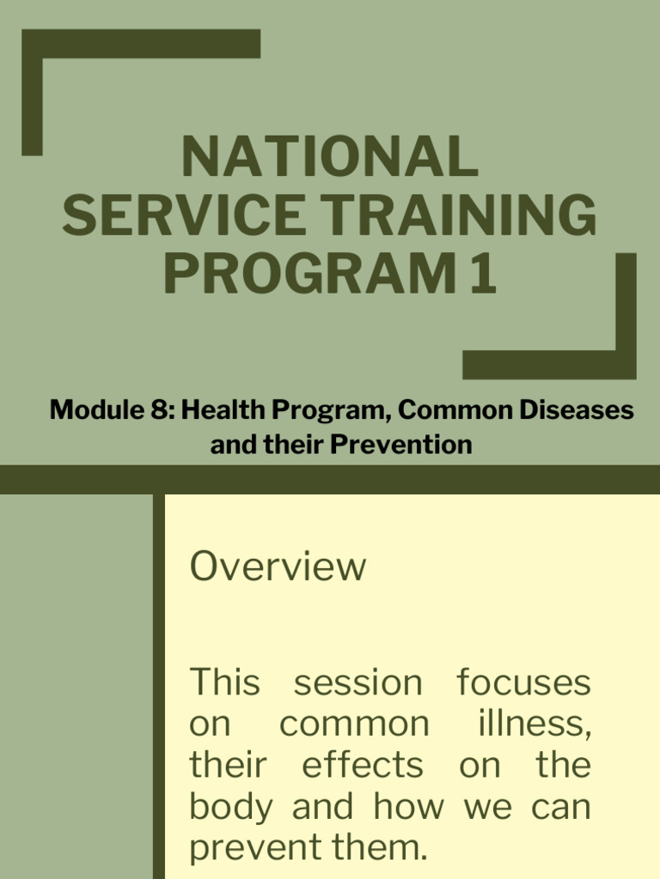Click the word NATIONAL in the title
[329, 157]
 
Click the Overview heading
[278, 567]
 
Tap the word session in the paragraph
[358, 683]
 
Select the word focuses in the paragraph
[523, 683]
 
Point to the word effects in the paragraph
[362, 766]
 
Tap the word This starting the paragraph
[224, 683]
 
